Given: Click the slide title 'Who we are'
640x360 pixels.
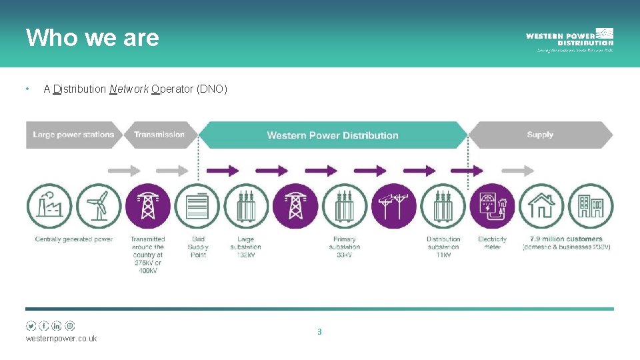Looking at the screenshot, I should tap(92, 37).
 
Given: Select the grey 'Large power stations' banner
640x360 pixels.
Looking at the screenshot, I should tap(73, 135).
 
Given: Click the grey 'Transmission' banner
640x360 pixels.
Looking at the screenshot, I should tap(159, 135).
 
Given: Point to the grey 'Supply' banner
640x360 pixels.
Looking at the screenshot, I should tap(540, 135).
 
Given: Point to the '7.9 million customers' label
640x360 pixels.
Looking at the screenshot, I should tap(566, 239).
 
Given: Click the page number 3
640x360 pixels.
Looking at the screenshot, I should tap(319, 331).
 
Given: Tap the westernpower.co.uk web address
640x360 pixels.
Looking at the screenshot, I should tap(61, 339).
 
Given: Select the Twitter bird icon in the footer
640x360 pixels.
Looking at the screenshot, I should tap(31, 326).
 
